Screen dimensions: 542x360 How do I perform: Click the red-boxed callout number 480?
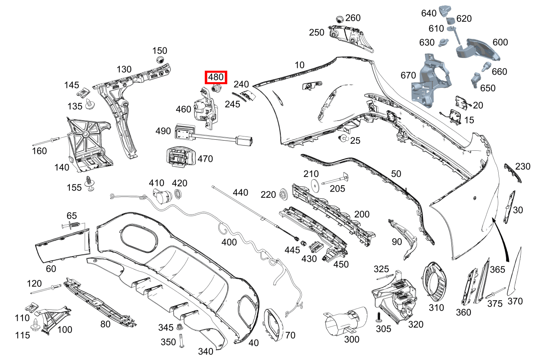216,77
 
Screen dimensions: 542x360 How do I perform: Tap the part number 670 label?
408,75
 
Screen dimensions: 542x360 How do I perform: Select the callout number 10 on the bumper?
300,65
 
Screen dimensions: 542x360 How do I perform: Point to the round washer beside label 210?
315,186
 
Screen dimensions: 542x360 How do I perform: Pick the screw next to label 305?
379,317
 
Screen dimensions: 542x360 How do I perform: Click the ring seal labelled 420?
178,194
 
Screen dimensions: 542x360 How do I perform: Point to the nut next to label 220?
283,194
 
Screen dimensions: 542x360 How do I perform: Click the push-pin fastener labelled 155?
90,183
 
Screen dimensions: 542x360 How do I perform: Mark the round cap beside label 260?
340,19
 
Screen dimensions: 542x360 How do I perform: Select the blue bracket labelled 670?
431,81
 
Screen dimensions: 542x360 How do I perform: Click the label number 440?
240,192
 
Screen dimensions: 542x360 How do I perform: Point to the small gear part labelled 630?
443,43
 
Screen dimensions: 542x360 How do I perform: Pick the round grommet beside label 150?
160,60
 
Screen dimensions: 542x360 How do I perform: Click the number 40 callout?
253,342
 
